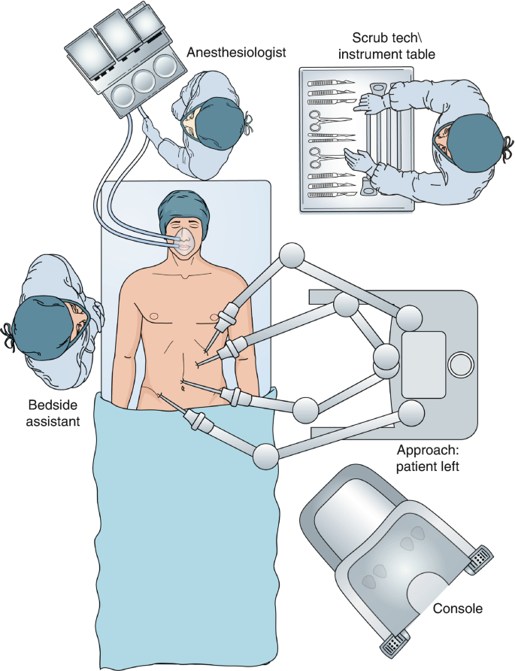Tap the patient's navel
click(183, 387)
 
